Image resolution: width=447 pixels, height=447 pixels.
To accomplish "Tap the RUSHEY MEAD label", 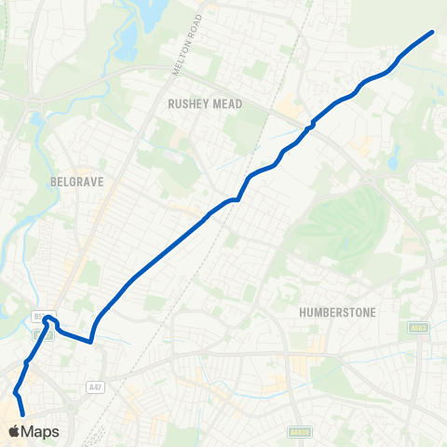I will coord(205,105).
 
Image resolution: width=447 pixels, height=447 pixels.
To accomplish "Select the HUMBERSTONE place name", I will coord(338,313).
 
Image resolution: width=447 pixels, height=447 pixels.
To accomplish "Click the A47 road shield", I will coord(94,386).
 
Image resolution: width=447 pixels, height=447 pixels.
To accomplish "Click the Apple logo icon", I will coord(14,431).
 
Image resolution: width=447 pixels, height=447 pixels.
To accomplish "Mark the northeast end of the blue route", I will coord(433,33).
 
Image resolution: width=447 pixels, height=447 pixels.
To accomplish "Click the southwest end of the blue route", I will coord(22,412).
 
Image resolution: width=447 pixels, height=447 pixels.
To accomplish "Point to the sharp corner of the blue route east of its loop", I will coord(91,341).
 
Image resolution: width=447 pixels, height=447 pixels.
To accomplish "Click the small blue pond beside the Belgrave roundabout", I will coord(35,119).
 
